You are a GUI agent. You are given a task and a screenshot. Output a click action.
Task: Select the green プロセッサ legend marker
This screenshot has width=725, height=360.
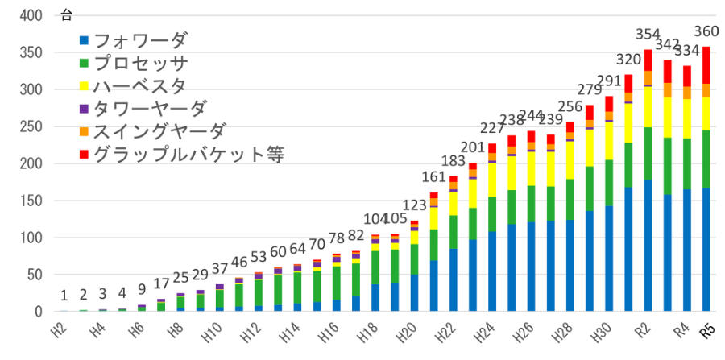coord(84,63)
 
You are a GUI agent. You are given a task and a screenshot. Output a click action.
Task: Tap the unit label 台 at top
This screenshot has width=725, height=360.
coord(66,15)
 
